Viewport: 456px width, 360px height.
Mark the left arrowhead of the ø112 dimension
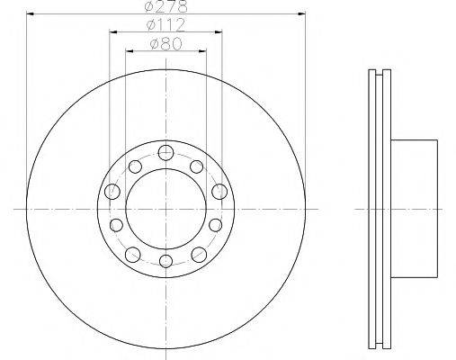113,32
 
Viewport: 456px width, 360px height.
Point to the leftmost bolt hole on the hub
112,191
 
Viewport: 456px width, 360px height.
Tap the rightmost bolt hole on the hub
219,191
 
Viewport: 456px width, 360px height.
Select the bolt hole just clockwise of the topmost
198,166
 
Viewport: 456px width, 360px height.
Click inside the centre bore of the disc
165,207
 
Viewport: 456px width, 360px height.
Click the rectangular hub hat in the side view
414,207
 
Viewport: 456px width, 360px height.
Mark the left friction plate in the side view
374,207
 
